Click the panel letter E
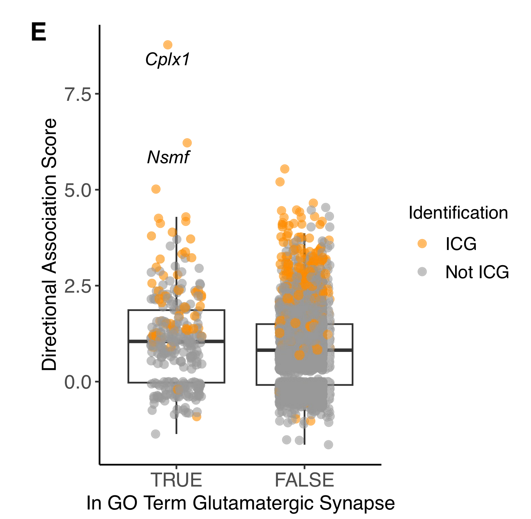point(38,33)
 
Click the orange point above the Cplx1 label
point(168,45)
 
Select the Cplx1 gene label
point(168,60)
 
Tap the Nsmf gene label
point(168,157)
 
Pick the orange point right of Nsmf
point(187,143)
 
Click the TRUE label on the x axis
point(176,480)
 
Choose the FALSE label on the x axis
point(304,480)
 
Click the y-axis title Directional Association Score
point(49,244)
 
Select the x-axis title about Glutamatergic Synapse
point(240,503)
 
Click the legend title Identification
point(458,213)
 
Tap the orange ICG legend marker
point(422,243)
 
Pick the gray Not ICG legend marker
point(422,272)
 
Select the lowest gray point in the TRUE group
point(155,434)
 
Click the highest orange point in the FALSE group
point(285,169)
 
